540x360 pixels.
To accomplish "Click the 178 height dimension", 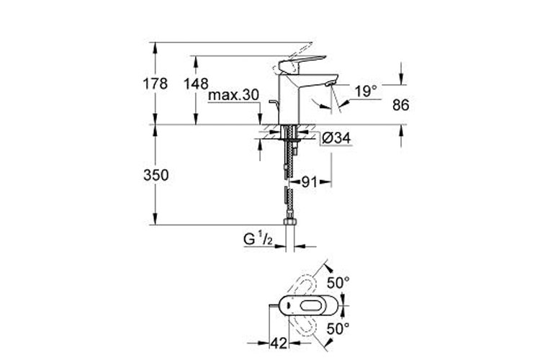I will pos(155,84).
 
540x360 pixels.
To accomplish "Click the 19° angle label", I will pos(366,91).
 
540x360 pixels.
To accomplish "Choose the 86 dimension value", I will pos(400,105).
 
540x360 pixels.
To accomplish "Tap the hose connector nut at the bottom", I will pos(290,222).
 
